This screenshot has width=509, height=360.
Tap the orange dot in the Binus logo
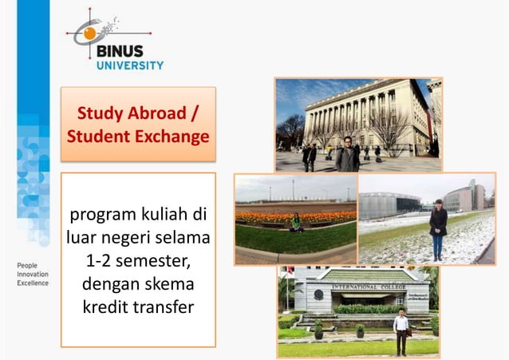[x=89, y=34]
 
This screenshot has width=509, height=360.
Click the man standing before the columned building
[x=347, y=153]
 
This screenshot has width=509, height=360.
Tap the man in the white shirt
[x=401, y=330]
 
